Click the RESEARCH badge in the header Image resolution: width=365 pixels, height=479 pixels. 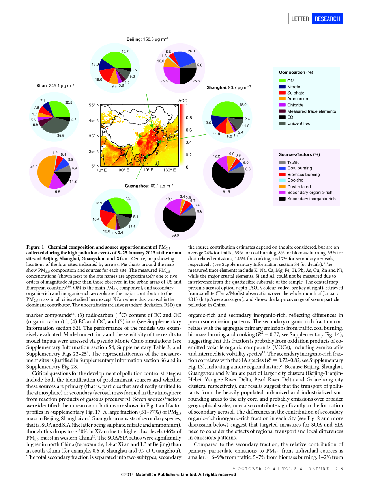(327, 19)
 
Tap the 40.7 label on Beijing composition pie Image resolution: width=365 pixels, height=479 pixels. (125, 52)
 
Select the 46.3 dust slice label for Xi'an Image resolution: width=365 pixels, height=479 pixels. (34, 167)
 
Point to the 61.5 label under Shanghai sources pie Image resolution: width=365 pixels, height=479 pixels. (226, 192)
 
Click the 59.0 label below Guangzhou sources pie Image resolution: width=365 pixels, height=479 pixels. (175, 235)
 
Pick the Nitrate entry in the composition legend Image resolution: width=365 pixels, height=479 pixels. (294, 87)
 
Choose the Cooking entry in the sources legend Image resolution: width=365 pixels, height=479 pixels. (296, 180)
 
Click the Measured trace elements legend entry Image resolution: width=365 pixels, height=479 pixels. (311, 111)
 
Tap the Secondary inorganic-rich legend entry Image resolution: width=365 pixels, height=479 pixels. (311, 199)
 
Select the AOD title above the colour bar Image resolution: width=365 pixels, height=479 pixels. (183, 100)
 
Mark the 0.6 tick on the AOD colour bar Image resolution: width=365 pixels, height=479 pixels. (189, 130)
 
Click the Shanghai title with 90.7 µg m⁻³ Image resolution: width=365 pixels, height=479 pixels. (229, 87)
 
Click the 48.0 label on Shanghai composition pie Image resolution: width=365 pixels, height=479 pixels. (243, 105)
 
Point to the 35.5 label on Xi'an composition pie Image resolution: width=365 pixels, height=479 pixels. (61, 136)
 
